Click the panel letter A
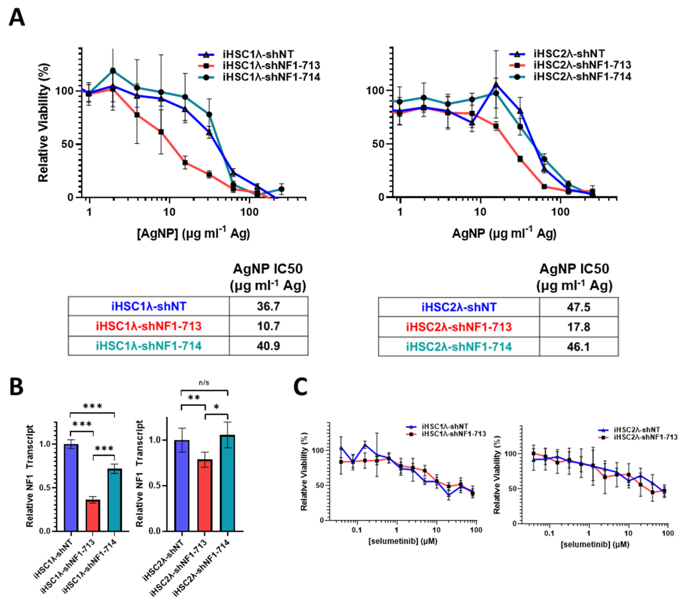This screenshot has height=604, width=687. (x=17, y=17)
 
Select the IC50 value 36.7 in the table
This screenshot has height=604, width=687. (x=268, y=306)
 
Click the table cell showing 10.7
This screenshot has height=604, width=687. (x=268, y=326)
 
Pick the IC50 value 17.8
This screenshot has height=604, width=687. (x=578, y=327)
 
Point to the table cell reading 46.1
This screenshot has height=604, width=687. (x=578, y=346)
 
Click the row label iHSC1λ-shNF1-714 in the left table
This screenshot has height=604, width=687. (x=149, y=346)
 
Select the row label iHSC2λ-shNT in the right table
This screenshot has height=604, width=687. (x=459, y=307)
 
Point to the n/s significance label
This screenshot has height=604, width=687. (x=204, y=383)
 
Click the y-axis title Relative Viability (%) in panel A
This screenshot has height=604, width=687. (x=44, y=123)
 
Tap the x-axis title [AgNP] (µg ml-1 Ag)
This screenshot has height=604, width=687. (x=193, y=233)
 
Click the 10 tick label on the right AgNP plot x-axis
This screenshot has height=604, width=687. (x=480, y=212)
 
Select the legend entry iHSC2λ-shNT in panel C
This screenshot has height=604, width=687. (x=637, y=430)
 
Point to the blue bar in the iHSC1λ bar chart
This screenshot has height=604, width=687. (x=71, y=487)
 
